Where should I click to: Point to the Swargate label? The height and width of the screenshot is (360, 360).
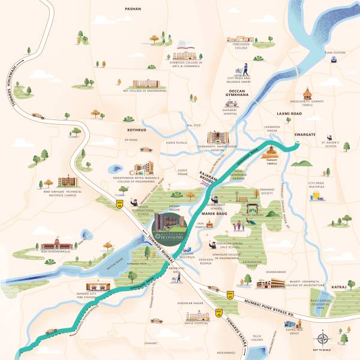[x=305, y=135]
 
